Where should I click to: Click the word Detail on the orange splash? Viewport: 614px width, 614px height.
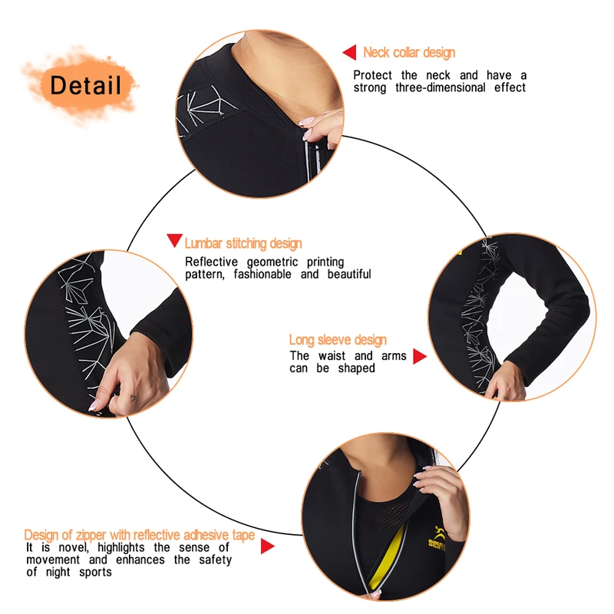tap(85, 85)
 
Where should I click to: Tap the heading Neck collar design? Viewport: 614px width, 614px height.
tap(409, 52)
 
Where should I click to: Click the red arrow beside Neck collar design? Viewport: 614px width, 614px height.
tap(350, 52)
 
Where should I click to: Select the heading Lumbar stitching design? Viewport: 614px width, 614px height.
tap(243, 243)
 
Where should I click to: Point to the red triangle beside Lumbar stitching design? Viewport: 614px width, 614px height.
tap(174, 240)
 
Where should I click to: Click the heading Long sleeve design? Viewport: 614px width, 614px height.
tap(338, 339)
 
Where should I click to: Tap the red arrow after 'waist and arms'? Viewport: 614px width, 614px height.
tap(420, 356)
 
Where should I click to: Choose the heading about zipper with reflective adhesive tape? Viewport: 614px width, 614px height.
tap(140, 534)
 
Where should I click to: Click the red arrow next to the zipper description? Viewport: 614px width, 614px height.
tap(267, 546)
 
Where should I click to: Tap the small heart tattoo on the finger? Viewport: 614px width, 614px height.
tap(132, 399)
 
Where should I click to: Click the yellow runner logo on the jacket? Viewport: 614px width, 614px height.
tap(437, 539)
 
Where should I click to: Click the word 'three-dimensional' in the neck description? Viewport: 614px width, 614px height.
tap(441, 87)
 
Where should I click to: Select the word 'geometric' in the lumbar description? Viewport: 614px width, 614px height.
tap(272, 262)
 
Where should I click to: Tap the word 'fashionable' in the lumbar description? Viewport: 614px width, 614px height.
tap(262, 274)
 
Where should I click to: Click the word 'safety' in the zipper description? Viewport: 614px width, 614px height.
tap(215, 560)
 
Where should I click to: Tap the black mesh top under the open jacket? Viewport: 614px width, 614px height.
tap(386, 509)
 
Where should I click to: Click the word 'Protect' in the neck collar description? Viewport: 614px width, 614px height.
tap(372, 75)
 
